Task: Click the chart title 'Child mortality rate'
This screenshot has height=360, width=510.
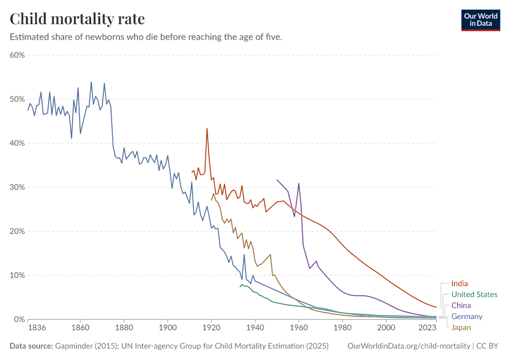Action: click(77, 19)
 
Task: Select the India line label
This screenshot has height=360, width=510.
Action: click(459, 283)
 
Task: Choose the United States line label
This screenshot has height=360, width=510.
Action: click(474, 295)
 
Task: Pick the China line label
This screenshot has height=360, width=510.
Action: click(461, 305)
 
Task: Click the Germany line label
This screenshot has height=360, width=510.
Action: click(466, 316)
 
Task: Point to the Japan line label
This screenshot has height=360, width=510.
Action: click(461, 327)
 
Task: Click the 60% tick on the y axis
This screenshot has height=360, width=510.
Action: click(16, 55)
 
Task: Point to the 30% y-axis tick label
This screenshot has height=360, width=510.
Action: click(16, 187)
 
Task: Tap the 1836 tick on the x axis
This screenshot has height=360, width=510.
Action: click(36, 328)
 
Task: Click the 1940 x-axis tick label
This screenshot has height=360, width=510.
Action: click(255, 328)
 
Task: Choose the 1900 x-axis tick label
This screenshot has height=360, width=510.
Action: click(167, 328)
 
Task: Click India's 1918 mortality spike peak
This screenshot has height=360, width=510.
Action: click(207, 128)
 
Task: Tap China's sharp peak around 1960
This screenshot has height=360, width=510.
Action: click(299, 184)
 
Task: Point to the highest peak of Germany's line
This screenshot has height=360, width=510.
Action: click(91, 82)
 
